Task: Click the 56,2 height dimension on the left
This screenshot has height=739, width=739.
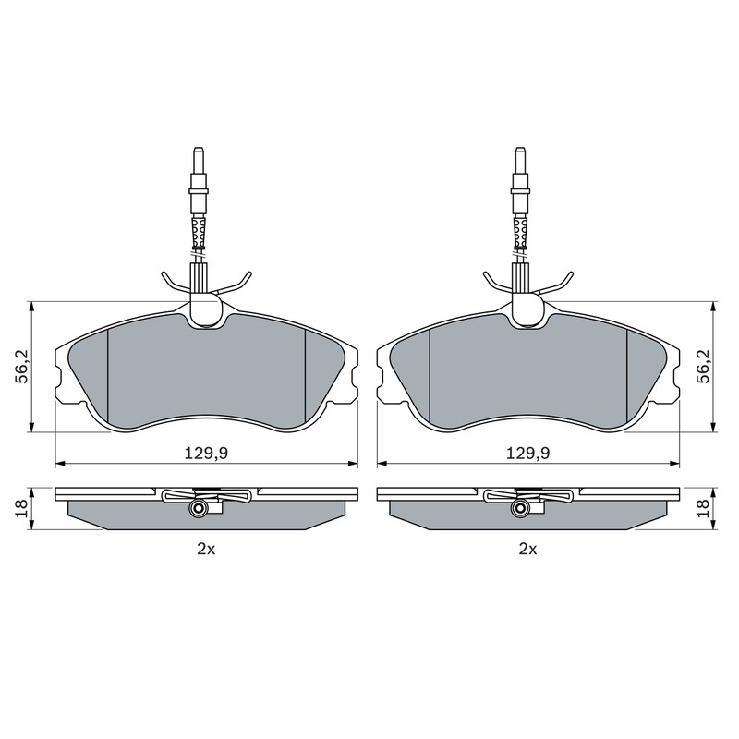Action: (x=22, y=366)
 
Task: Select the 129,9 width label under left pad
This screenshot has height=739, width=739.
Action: (x=206, y=454)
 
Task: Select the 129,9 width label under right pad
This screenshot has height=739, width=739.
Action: (x=527, y=454)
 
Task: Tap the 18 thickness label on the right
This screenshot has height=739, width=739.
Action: (x=705, y=509)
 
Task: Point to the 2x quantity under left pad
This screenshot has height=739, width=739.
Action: (x=206, y=549)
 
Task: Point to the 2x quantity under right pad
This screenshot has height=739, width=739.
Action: (x=527, y=549)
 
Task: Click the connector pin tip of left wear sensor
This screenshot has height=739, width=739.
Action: (x=198, y=150)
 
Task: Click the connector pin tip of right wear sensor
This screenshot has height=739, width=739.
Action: (x=520, y=150)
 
